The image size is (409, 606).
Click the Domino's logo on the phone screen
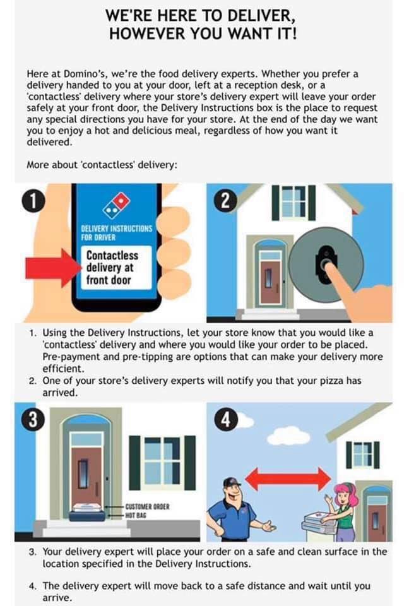(x=116, y=205)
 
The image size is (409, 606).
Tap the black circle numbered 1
(x=33, y=201)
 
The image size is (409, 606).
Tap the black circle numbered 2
(x=225, y=201)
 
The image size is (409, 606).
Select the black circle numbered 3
(x=33, y=420)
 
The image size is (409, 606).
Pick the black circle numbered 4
(x=226, y=420)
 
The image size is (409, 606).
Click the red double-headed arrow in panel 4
(x=288, y=479)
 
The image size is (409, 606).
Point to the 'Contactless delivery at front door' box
(x=116, y=268)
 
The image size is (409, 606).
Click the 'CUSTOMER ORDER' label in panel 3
(x=147, y=507)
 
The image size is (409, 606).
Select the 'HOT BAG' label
(x=135, y=515)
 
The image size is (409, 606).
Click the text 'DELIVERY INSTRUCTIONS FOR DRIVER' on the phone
(x=116, y=233)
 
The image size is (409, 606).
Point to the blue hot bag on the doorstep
(x=88, y=517)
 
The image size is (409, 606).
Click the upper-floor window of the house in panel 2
(x=293, y=203)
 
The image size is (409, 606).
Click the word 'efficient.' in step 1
(x=63, y=368)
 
